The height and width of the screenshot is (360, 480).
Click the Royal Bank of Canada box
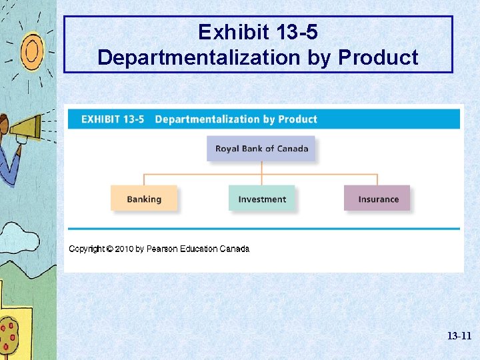click(x=261, y=149)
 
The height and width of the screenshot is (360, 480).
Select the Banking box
click(x=144, y=199)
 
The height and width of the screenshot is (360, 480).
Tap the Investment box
click(x=261, y=199)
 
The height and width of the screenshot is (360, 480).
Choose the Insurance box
click(x=377, y=199)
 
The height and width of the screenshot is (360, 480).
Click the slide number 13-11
click(x=459, y=337)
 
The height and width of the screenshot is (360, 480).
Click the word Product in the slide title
click(x=378, y=58)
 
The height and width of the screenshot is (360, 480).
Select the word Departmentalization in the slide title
click(x=198, y=58)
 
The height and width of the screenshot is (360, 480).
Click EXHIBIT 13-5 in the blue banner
click(x=113, y=119)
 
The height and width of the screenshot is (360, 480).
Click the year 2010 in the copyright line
click(x=124, y=249)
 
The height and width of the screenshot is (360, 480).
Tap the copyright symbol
click(x=108, y=249)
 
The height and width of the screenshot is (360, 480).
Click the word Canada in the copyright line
click(x=235, y=249)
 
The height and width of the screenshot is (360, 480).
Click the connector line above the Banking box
click(x=144, y=179)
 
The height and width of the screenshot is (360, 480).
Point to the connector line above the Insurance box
click(x=377, y=179)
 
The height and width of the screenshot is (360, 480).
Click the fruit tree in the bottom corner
click(x=9, y=333)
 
